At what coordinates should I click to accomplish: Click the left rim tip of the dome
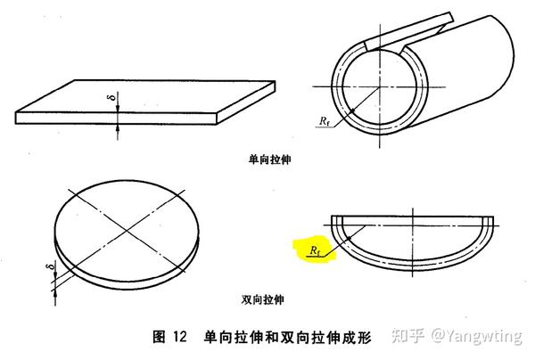point(332,219)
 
